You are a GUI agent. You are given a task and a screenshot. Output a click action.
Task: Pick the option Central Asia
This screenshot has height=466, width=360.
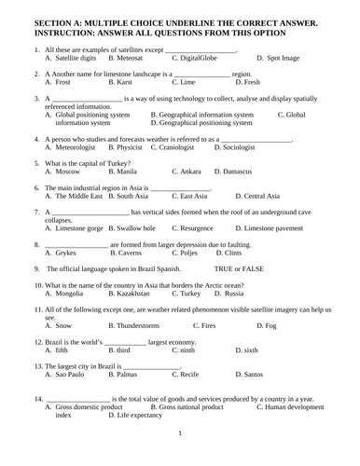click(x=270, y=196)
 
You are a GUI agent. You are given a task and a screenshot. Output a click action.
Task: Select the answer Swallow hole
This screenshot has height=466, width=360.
click(x=135, y=227)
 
